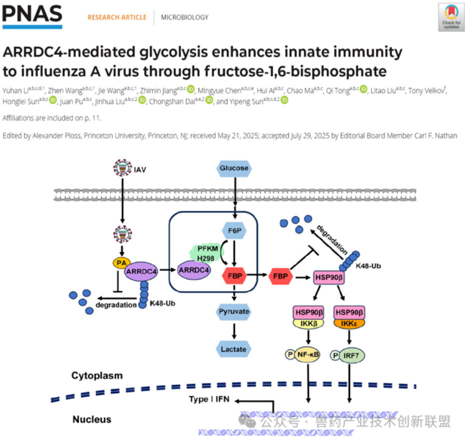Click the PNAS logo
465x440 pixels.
(32, 17)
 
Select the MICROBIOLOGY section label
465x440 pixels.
(184, 18)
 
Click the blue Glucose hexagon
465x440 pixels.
(234, 168)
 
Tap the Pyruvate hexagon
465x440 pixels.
(234, 311)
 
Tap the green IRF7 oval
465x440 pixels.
(351, 355)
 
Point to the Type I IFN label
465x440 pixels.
(209, 399)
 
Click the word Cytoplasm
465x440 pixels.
(97, 375)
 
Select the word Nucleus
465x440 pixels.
(92, 419)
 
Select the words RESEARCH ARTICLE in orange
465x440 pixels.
(117, 18)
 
